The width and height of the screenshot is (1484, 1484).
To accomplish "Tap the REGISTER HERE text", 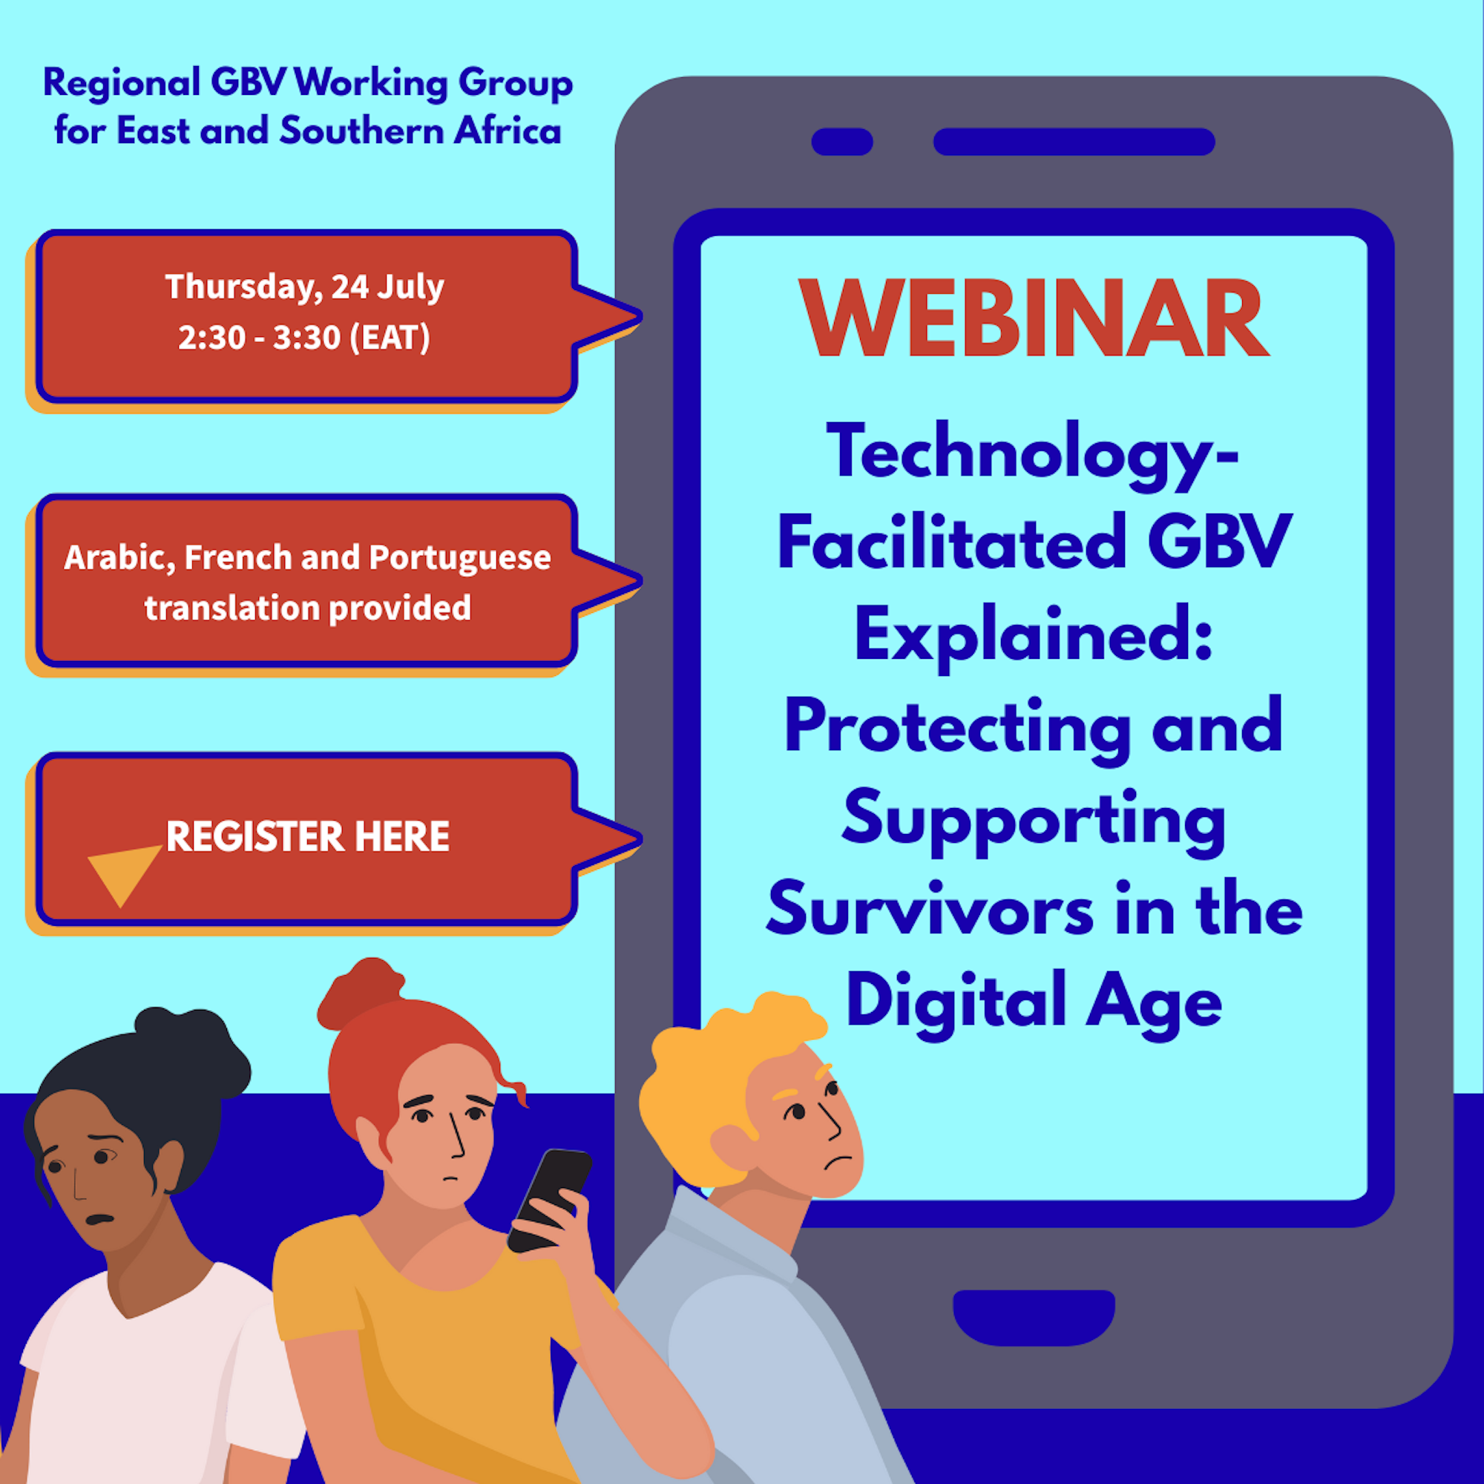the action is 307,835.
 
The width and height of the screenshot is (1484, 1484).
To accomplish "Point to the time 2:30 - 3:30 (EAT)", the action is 304,337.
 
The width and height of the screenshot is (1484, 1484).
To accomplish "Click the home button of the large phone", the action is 1034,1318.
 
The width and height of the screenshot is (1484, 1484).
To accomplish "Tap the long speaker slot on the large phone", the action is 1074,141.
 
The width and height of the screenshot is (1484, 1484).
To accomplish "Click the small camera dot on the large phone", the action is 842,141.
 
